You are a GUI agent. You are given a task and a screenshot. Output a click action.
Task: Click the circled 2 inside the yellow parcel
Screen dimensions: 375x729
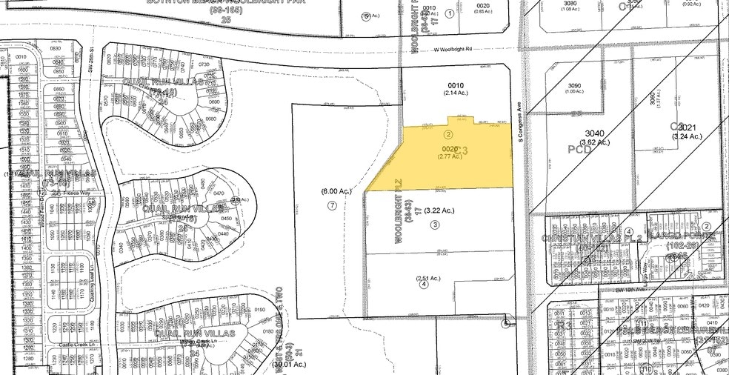(447, 135)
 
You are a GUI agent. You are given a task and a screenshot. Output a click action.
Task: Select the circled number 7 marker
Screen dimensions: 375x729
(332, 205)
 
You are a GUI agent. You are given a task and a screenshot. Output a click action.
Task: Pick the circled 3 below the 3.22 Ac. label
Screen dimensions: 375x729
(436, 225)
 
